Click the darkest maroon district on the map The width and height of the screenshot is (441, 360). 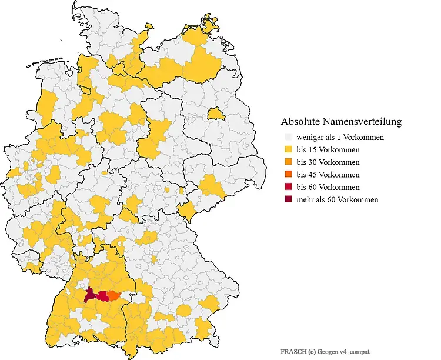tap(90, 295)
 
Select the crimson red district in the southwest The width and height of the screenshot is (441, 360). tap(103, 296)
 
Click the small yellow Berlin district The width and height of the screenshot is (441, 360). tap(216, 113)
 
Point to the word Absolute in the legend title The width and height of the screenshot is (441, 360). tap(300, 122)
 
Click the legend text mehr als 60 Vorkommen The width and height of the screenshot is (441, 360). tap(337, 199)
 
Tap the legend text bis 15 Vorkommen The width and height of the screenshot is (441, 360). tap(328, 150)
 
